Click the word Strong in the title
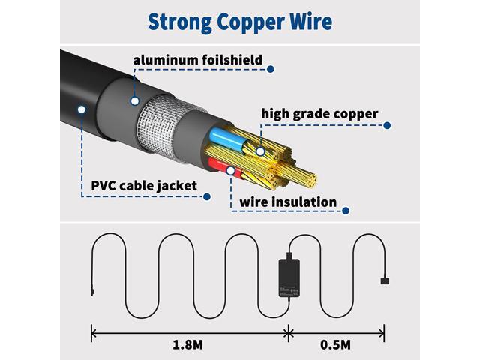[x=180, y=22]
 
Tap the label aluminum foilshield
[x=198, y=60]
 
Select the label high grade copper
[x=319, y=114]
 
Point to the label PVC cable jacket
[x=144, y=186]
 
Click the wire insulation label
[x=288, y=202]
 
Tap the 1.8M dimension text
[x=187, y=345]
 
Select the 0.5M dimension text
[x=335, y=345]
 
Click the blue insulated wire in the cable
[x=228, y=139]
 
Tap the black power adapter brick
[x=289, y=277]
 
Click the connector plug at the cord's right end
[x=385, y=280]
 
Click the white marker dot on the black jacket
[x=82, y=109]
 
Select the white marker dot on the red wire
[x=230, y=171]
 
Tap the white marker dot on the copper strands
[x=260, y=151]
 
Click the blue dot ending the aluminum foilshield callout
[x=270, y=69]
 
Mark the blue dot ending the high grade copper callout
[x=387, y=125]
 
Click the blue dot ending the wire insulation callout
[x=346, y=211]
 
